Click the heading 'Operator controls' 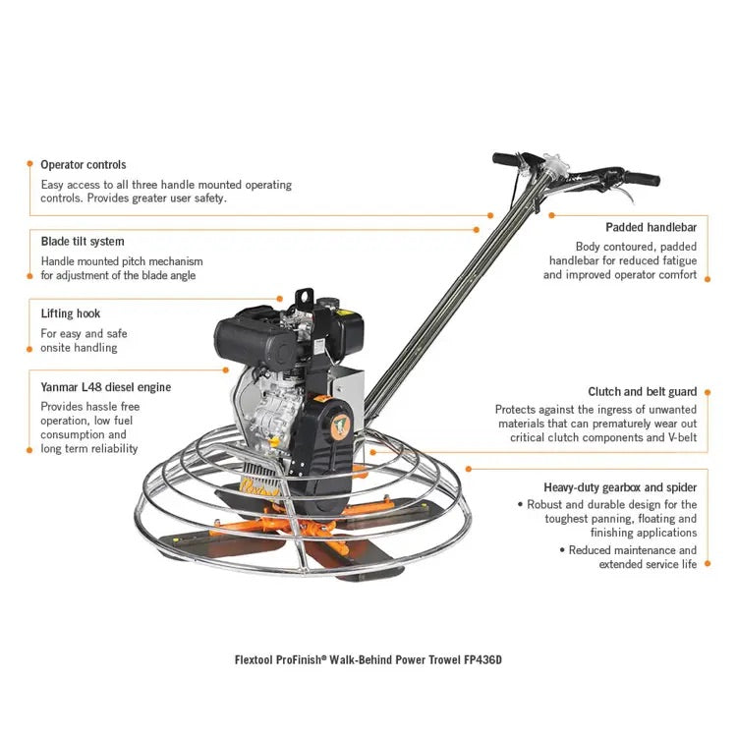pos(84,165)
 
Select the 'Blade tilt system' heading pos(83,241)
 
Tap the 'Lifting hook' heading pos(71,314)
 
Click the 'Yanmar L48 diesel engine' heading pos(106,387)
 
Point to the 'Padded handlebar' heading pos(651,227)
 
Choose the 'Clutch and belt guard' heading pos(643,391)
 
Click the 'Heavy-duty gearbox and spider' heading pos(620,486)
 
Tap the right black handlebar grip pos(641,179)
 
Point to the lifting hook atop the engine pos(302,295)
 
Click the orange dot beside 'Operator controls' pos(29,165)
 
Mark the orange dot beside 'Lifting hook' pos(29,314)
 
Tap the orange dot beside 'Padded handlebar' pos(552,214)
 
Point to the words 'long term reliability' pos(89,448)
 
